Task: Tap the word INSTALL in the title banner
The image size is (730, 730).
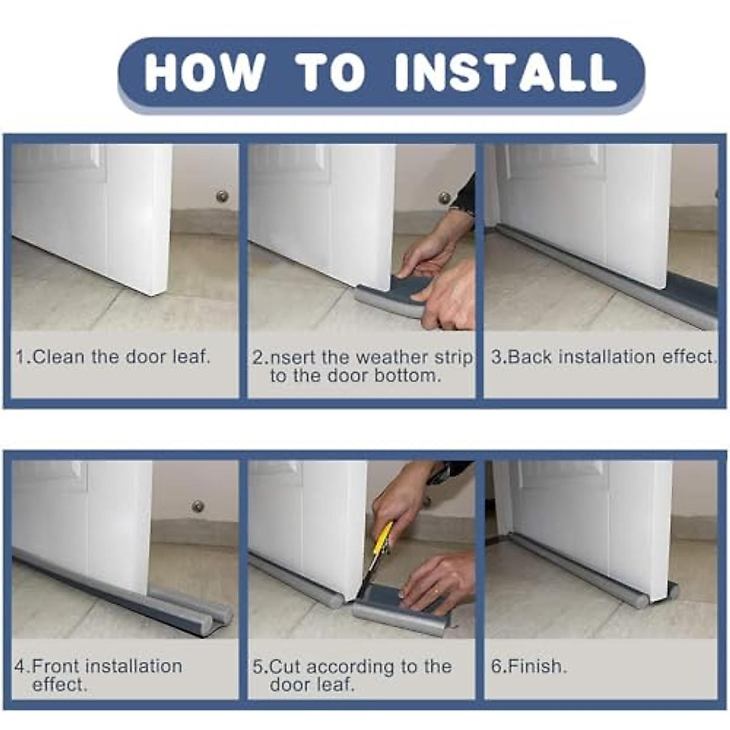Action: click(505, 73)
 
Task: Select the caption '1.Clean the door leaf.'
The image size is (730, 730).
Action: click(113, 356)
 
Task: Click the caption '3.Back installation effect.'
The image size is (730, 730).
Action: click(604, 356)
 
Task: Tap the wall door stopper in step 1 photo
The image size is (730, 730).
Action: click(222, 196)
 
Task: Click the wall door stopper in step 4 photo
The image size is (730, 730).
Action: click(198, 506)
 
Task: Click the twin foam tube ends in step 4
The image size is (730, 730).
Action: click(216, 620)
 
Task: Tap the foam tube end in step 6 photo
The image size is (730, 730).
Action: click(672, 589)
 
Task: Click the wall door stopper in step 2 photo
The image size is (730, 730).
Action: click(444, 198)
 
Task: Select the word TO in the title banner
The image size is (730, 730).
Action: click(332, 73)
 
